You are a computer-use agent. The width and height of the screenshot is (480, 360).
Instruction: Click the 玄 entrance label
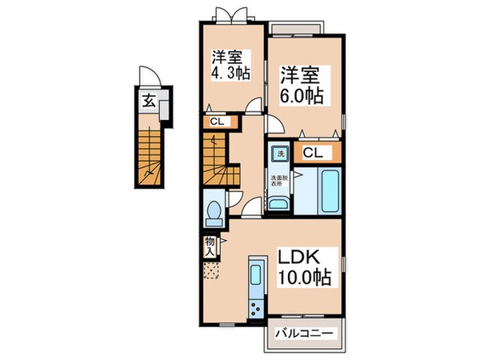click(150, 101)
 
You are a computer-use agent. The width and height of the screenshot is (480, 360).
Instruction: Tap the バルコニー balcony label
click(303, 332)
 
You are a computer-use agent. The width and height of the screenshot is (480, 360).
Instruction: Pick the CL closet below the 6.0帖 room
click(313, 153)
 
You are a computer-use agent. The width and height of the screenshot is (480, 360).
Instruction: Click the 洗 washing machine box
click(281, 153)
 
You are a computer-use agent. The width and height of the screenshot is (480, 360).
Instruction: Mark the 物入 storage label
click(209, 246)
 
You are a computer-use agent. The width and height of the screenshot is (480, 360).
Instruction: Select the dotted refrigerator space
click(210, 271)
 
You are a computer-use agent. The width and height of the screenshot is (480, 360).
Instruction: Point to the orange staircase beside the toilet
click(218, 159)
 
